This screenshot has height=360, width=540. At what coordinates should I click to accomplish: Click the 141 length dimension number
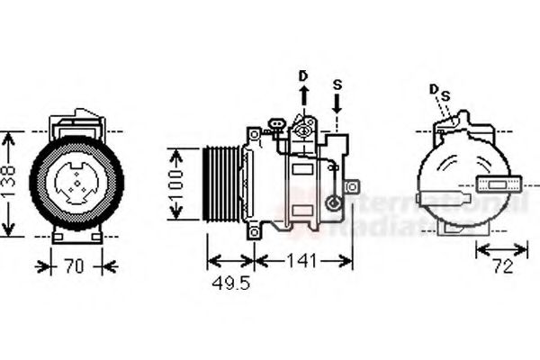(301, 261)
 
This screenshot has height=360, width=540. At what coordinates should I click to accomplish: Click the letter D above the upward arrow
(302, 75)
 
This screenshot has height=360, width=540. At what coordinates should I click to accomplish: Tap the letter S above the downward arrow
(337, 85)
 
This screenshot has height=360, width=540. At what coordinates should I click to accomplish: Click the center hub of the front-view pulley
(76, 181)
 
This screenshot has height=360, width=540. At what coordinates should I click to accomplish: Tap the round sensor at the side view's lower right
(336, 206)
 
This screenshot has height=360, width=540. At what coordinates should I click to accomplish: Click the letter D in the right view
(433, 89)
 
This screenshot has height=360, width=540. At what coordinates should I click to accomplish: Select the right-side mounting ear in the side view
(351, 186)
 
